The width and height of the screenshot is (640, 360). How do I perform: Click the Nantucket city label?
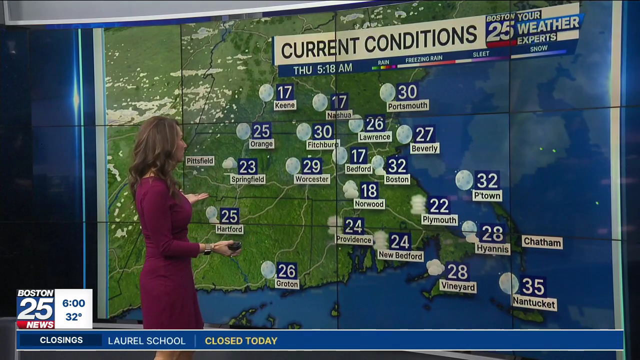(x=534, y=303)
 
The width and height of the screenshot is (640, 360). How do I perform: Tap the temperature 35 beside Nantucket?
(x=532, y=286)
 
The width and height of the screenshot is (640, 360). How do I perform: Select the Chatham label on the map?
(x=542, y=242)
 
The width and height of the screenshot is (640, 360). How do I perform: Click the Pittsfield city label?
(x=200, y=161)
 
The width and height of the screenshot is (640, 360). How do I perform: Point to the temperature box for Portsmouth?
(x=407, y=92)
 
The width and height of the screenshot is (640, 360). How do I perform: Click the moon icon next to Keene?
(x=266, y=92)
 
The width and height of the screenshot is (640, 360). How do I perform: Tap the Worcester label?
(x=312, y=179)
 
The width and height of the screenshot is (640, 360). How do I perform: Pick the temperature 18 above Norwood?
(x=369, y=190)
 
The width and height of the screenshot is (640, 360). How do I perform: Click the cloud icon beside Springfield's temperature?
(x=229, y=163)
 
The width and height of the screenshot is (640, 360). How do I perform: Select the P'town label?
(x=487, y=195)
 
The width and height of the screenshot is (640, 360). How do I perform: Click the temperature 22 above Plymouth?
(x=439, y=205)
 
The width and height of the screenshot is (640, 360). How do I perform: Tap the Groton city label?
(x=287, y=284)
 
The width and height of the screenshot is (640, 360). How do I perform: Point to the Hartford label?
(x=229, y=229)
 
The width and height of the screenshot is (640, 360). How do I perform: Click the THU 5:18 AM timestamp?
(x=322, y=68)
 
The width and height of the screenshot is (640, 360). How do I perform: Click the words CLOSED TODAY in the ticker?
(x=241, y=341)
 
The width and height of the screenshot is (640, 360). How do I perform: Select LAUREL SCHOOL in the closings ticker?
(x=146, y=341)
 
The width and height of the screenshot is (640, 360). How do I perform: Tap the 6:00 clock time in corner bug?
(x=73, y=303)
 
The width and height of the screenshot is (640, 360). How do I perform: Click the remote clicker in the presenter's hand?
(x=234, y=245)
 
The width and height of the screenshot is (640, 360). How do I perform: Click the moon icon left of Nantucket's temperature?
(x=508, y=283)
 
